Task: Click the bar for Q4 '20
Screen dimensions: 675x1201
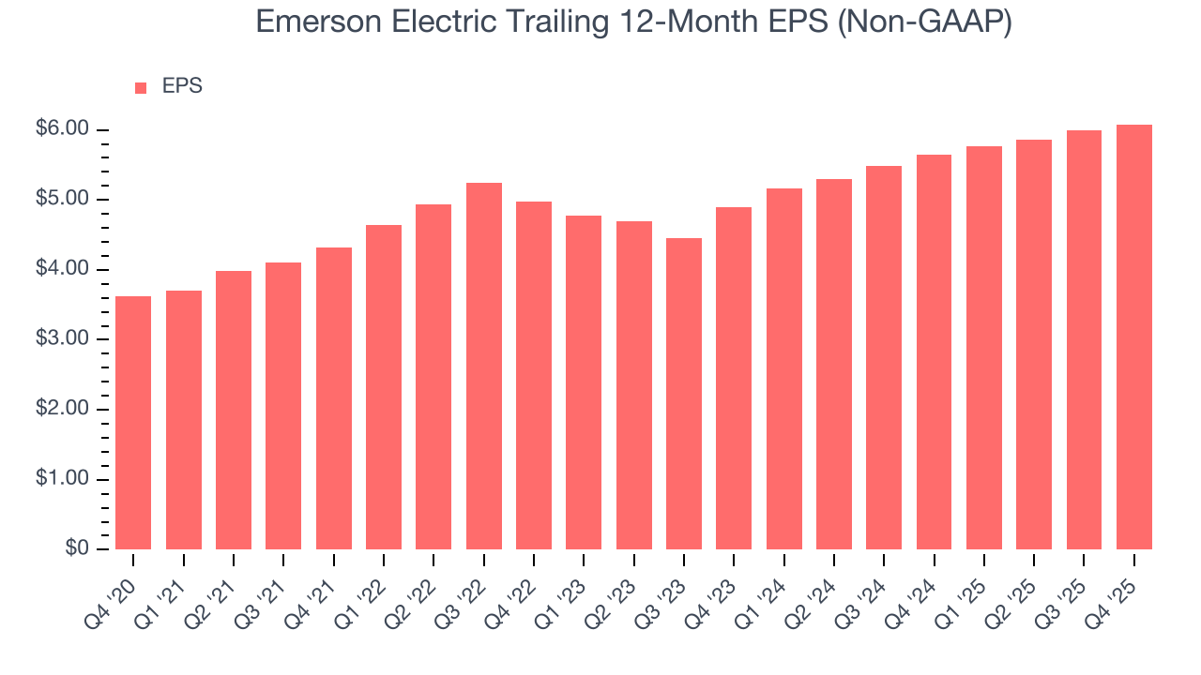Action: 133,423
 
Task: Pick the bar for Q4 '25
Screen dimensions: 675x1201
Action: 1133,337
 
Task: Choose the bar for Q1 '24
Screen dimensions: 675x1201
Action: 783,368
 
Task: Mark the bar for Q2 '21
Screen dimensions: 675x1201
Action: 234,410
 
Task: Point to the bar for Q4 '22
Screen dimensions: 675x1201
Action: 534,375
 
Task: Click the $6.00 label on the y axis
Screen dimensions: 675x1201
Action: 62,129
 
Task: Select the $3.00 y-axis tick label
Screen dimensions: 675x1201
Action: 62,339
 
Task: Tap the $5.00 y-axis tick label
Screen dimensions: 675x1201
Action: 62,200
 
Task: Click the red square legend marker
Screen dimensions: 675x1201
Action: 141,87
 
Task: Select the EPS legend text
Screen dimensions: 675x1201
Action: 182,86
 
